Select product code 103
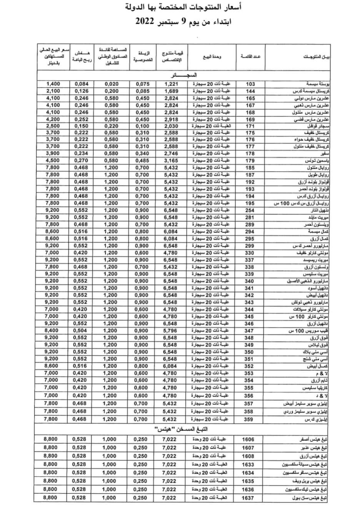[250, 84]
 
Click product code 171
[250, 126]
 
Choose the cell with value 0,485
[142, 161]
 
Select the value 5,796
[170, 331]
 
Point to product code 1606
[248, 439]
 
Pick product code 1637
[248, 498]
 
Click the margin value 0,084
[81, 84]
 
